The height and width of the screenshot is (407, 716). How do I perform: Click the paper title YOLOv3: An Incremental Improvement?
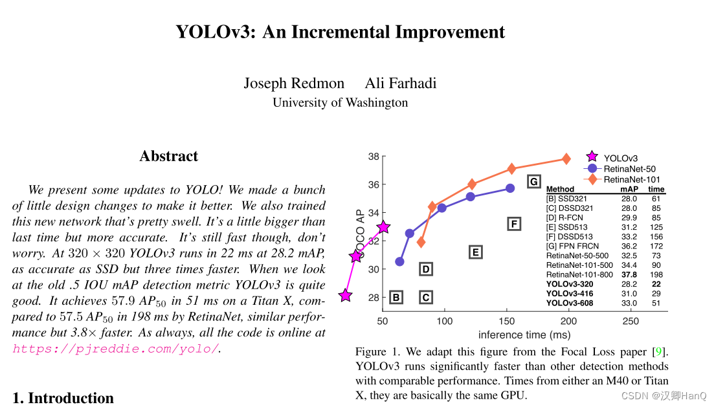340,32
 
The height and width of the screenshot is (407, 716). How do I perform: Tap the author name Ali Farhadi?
400,83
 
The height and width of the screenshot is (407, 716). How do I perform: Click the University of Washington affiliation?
340,102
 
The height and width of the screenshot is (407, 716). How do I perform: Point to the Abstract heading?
168,156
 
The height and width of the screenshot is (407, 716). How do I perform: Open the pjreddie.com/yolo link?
116,349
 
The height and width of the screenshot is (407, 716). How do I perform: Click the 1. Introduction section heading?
63,397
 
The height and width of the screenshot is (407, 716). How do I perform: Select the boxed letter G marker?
533,182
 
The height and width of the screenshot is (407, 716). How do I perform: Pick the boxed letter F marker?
513,224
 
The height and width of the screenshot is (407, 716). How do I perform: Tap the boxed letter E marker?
475,252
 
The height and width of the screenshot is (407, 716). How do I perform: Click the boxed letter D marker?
425,269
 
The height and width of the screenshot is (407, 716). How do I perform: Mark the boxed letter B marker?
396,298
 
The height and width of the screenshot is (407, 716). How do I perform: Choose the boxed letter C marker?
425,298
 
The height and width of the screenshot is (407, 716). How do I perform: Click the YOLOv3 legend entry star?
591,157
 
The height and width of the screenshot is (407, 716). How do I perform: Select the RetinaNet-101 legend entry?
631,179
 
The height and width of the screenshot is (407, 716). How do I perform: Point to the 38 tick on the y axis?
374,157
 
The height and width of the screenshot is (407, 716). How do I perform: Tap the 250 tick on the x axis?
630,321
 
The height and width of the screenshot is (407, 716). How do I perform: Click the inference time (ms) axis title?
524,335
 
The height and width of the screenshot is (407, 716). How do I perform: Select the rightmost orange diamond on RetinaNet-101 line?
566,159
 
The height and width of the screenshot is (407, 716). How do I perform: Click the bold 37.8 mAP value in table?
629,274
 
